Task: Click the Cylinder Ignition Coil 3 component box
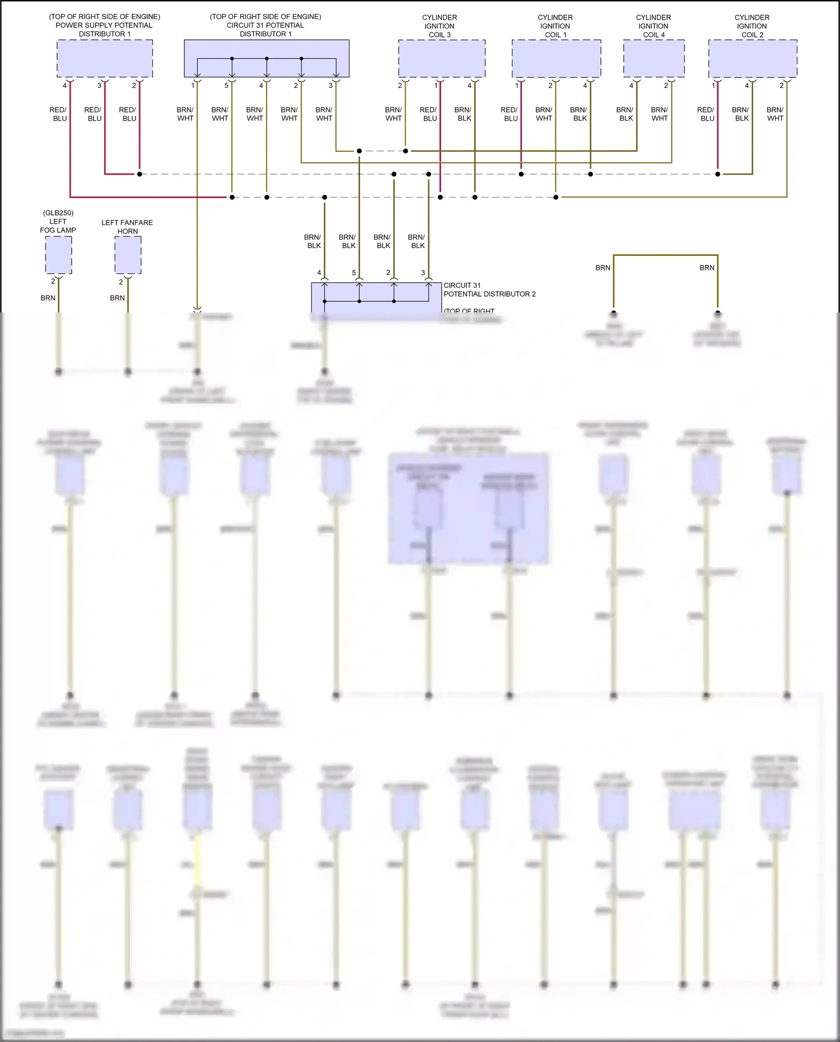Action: coord(441,58)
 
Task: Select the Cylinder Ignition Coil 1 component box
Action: coord(556,58)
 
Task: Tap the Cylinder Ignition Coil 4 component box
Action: coord(654,58)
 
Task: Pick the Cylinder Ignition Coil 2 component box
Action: coord(752,58)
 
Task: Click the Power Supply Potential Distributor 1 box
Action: coord(105,58)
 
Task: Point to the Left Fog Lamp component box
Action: coord(58,255)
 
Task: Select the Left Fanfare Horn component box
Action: coord(128,255)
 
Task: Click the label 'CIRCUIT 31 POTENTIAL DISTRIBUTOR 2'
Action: coord(489,289)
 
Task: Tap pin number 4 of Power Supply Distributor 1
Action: coord(64,86)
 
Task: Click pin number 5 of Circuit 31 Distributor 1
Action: coord(227,86)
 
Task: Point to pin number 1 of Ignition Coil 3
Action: coord(436,86)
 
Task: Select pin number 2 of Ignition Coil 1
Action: coord(550,86)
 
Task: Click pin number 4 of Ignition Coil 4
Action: coord(631,86)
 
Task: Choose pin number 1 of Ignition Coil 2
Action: coord(713,86)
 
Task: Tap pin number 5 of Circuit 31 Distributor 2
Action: coord(354,273)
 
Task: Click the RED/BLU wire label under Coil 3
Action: coord(429,114)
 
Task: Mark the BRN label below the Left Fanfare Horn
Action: coord(118,298)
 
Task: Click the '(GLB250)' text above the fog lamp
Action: coord(58,213)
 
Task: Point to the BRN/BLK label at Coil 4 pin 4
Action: coord(626,114)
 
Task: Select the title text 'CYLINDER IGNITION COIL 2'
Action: coord(752,26)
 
